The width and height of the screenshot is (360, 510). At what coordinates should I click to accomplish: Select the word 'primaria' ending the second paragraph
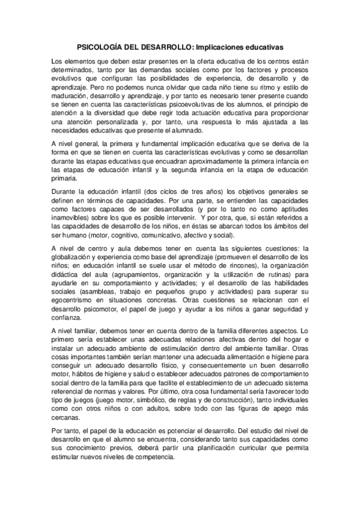click(x=66, y=179)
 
